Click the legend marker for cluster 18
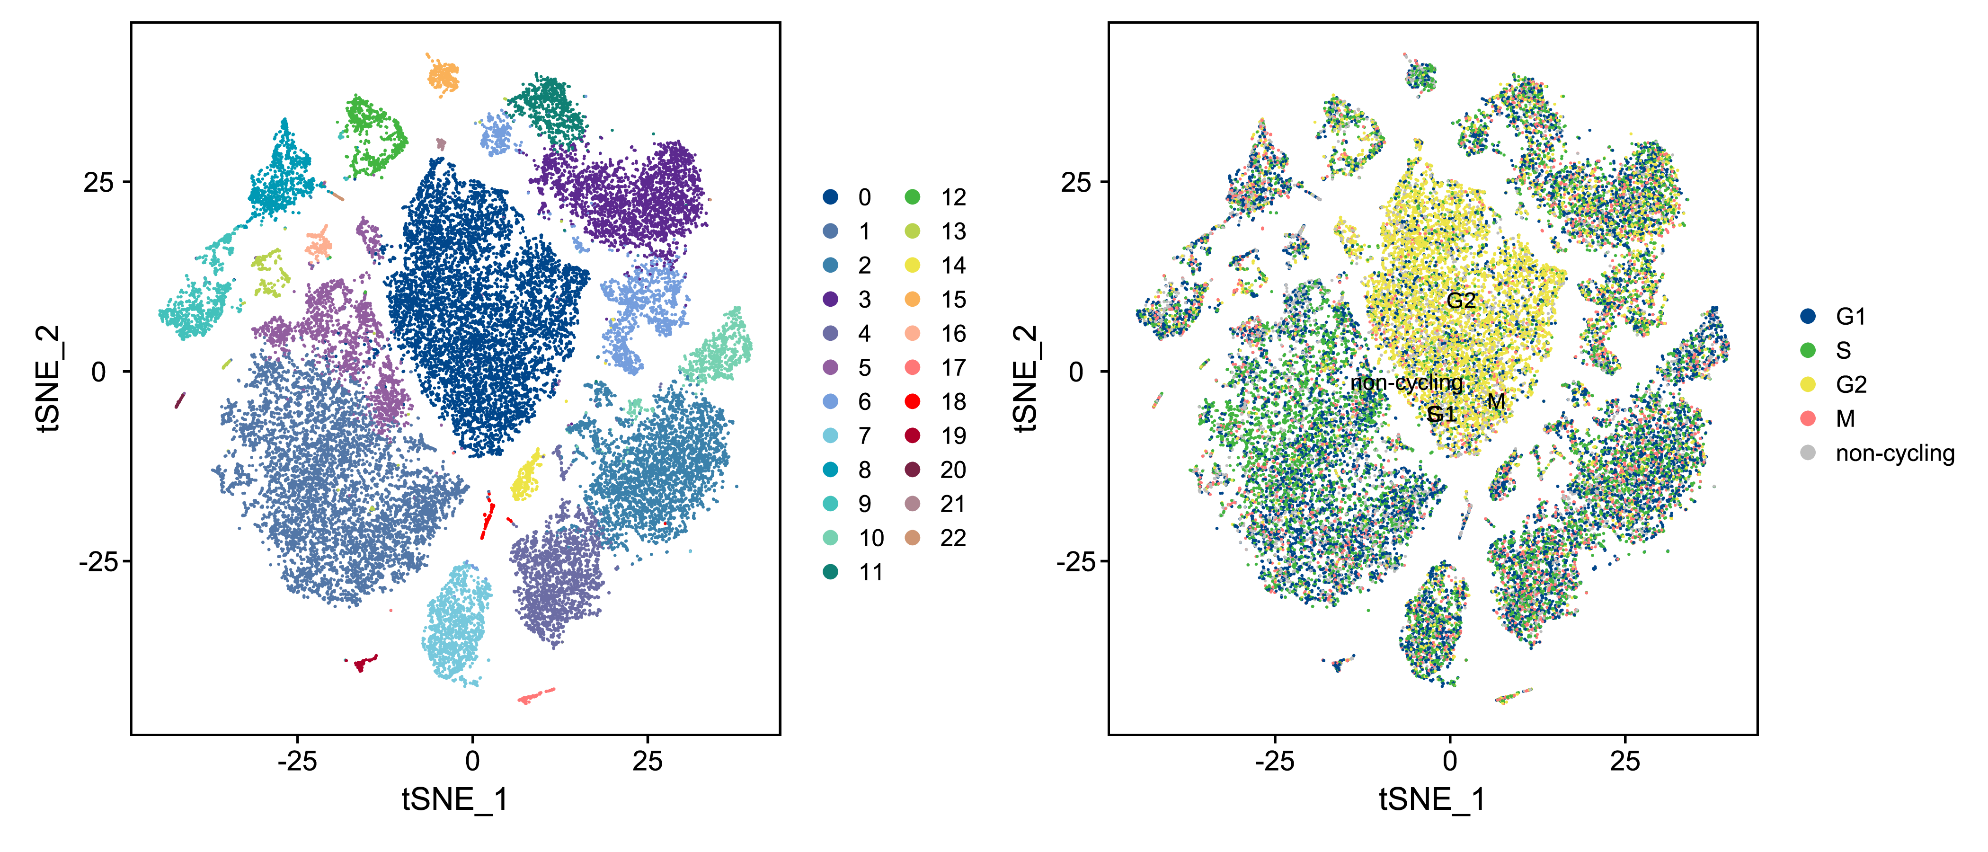(x=912, y=401)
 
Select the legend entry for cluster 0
(x=830, y=197)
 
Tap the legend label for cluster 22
(x=953, y=538)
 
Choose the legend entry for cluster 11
(x=830, y=572)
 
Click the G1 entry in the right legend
(x=1807, y=316)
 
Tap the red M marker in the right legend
(x=1807, y=418)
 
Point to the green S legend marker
(x=1807, y=350)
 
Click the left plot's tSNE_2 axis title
(x=48, y=378)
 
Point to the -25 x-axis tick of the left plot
(x=297, y=762)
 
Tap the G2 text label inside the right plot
(x=1461, y=300)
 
